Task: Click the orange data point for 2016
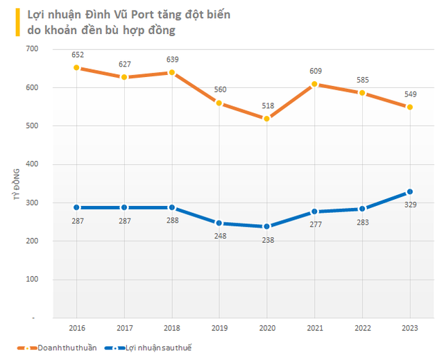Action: point(76,68)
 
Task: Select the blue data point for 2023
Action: point(409,192)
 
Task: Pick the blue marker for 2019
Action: point(219,223)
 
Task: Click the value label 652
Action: point(76,55)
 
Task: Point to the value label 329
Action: point(410,205)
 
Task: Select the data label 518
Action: point(267,106)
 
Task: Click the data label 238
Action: point(266,239)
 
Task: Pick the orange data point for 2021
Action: point(314,85)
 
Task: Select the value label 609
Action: point(314,71)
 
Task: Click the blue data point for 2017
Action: point(123,207)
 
